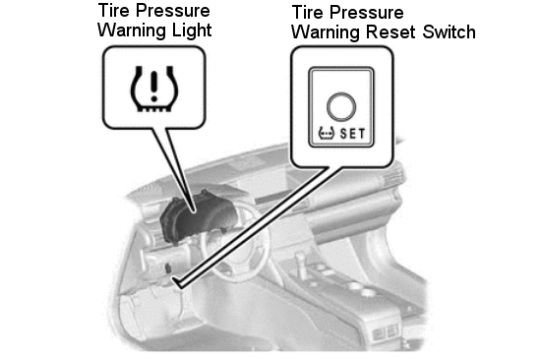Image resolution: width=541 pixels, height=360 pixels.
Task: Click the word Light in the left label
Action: point(192,30)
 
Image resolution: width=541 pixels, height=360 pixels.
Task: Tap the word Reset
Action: point(391,32)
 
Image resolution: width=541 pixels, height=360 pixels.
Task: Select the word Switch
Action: point(449,32)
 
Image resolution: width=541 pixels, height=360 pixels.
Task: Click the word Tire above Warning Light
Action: point(113,11)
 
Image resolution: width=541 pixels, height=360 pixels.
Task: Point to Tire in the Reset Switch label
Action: point(307,13)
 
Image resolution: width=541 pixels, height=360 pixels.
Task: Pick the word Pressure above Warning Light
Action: point(172,11)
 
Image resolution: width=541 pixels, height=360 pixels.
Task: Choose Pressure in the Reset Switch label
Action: point(367,13)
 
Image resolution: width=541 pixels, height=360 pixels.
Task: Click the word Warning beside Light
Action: point(132,30)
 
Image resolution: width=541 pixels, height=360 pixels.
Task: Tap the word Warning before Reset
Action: point(326,32)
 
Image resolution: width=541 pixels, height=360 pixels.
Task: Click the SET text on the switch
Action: point(352,134)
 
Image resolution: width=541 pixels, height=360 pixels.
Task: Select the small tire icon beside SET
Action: point(326,133)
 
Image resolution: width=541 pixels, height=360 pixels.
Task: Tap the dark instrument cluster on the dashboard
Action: point(197,218)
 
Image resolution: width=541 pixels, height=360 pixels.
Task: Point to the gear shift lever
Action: point(301,266)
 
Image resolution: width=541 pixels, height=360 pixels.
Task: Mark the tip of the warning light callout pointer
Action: point(194,211)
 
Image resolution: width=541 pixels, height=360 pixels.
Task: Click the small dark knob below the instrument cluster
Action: point(168,269)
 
